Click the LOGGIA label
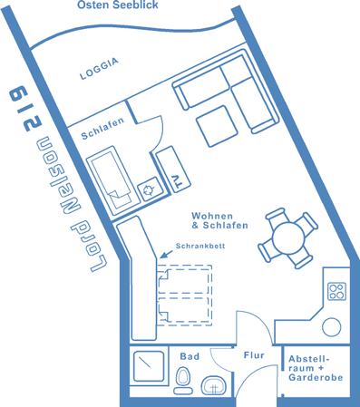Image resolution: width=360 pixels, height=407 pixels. point(99,69)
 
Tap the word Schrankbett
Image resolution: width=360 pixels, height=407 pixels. point(200,246)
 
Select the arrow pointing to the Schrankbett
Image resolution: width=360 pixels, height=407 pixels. point(166,254)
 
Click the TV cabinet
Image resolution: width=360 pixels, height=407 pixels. point(173,170)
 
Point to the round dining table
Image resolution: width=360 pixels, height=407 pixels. point(288,237)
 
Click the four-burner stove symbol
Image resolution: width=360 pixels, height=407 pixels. point(336,291)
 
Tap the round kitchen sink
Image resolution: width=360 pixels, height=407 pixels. point(332,327)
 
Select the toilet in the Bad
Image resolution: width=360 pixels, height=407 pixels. point(183,380)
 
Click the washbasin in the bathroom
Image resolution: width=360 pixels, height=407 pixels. point(213,385)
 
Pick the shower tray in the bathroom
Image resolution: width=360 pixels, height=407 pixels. point(149,366)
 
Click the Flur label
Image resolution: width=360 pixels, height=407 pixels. point(254,355)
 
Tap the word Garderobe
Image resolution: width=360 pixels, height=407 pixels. point(316,377)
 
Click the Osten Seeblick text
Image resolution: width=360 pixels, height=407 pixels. point(118,5)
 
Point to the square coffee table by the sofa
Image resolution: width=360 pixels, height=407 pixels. point(217,126)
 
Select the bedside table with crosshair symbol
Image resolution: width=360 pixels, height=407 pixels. point(149,189)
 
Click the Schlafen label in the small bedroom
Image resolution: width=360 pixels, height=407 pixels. point(102,129)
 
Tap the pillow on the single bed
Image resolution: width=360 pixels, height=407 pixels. point(119,198)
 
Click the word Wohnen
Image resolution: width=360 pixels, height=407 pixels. point(212,216)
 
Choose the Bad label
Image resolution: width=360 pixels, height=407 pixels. point(190,356)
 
